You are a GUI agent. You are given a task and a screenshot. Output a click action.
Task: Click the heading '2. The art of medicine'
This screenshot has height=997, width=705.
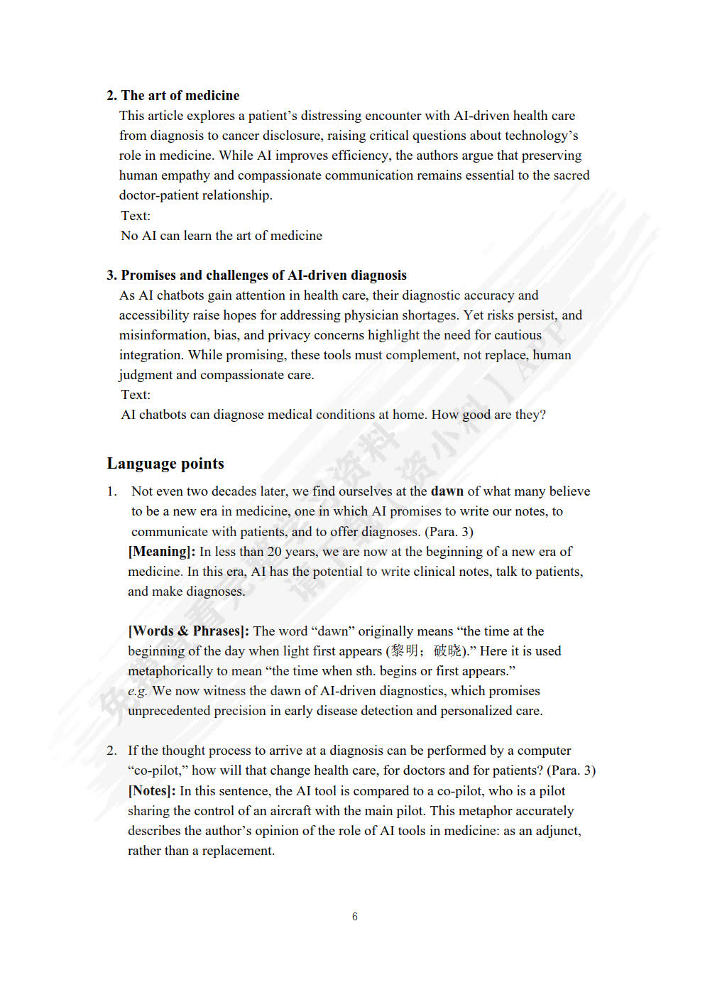pos(173,95)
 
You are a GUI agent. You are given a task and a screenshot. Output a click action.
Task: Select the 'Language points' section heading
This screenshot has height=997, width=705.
pos(165,464)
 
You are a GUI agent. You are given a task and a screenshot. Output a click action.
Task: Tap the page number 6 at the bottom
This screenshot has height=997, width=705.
pos(354,917)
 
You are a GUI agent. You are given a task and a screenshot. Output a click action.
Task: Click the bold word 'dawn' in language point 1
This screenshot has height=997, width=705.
pos(447,491)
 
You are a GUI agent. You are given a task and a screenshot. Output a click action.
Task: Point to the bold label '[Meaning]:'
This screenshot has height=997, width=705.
pos(161,552)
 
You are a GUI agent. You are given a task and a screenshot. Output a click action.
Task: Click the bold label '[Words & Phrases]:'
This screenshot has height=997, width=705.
pos(188,631)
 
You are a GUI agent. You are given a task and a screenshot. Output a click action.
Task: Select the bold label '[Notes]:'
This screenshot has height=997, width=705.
pos(151,791)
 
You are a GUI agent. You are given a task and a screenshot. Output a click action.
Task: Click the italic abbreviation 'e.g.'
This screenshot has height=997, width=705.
pos(138,691)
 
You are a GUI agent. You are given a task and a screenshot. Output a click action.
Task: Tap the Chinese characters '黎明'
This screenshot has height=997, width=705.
pos(405,651)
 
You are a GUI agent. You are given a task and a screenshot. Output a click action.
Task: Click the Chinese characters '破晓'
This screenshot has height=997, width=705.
pos(447,651)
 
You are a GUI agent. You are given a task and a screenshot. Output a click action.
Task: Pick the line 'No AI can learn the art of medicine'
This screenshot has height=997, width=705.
pos(221,236)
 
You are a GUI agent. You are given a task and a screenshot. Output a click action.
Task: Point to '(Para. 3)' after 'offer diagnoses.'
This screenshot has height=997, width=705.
pos(449,532)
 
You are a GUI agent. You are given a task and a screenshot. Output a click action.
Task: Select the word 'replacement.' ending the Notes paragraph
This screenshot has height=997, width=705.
pos(238,851)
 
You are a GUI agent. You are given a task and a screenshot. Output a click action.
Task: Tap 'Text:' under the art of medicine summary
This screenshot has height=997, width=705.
pos(136,216)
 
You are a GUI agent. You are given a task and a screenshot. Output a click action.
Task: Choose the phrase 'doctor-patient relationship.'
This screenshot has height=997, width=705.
pos(195,195)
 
